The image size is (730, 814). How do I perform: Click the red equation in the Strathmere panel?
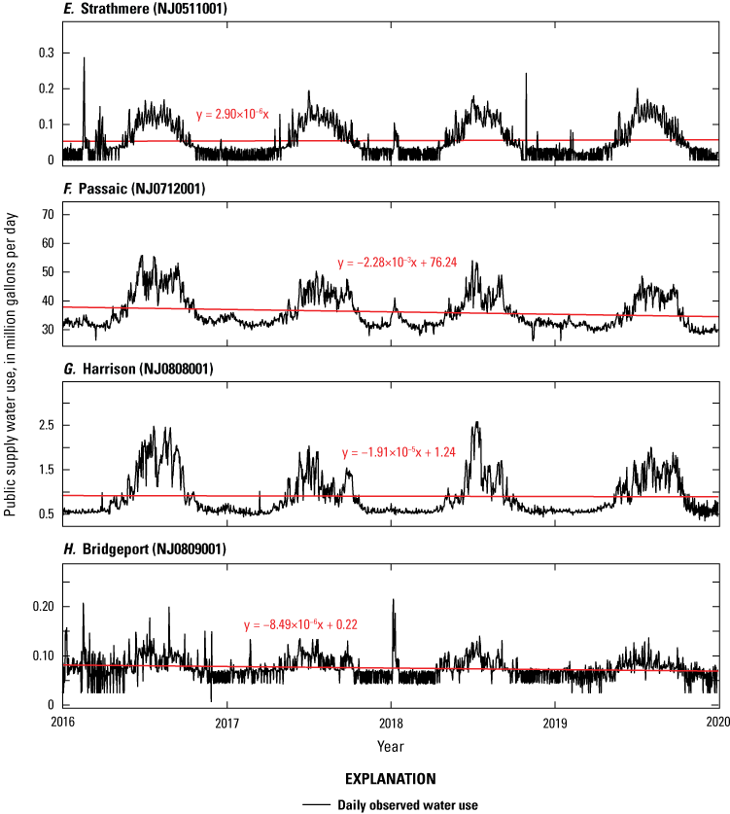[x=238, y=115]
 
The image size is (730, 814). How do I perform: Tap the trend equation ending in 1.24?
[x=410, y=453]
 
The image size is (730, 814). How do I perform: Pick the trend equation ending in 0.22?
[x=302, y=624]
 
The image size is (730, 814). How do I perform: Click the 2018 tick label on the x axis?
[x=390, y=724]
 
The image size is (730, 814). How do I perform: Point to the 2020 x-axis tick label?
[x=717, y=724]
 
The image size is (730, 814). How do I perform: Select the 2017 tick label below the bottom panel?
[x=226, y=724]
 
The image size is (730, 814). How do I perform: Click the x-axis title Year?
[x=390, y=746]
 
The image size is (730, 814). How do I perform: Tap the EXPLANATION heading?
[x=390, y=779]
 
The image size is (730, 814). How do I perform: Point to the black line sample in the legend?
[x=316, y=804]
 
